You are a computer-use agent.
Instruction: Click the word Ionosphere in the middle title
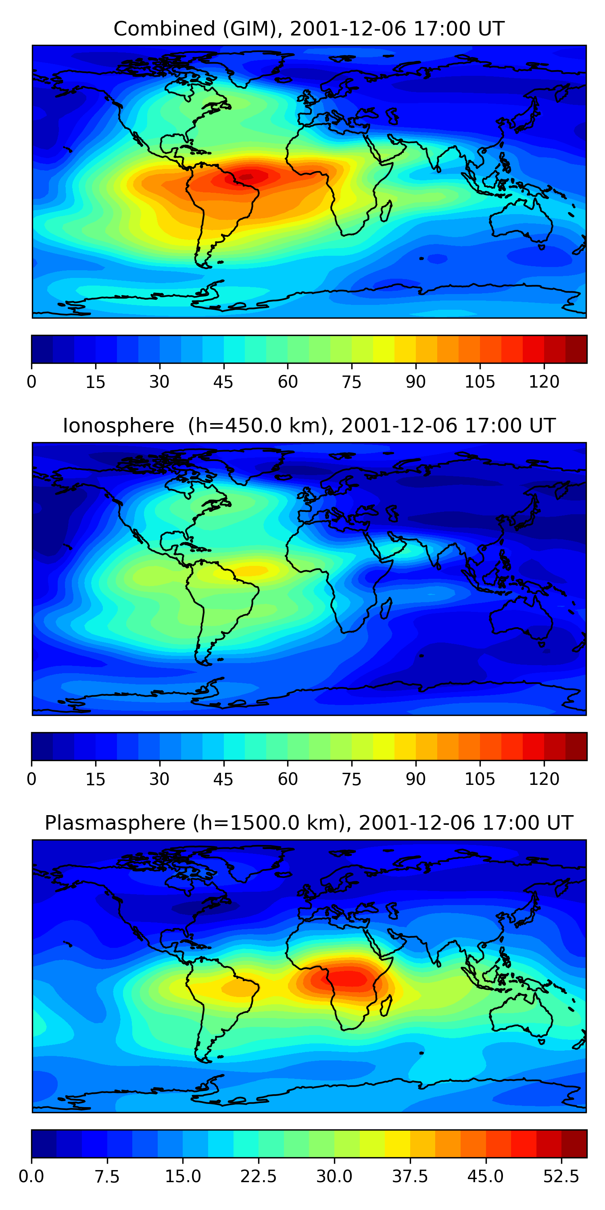click(118, 426)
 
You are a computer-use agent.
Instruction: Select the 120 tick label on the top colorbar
click(544, 382)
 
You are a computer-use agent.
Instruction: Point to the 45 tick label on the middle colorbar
click(223, 779)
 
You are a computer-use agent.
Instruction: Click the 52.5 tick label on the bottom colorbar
click(561, 1177)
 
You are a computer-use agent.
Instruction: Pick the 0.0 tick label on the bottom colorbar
click(31, 1177)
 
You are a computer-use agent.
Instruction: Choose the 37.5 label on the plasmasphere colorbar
click(410, 1177)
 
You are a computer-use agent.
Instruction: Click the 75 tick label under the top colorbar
click(351, 382)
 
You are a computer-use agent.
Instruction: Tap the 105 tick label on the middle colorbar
click(480, 779)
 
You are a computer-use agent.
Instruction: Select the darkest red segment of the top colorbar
click(576, 349)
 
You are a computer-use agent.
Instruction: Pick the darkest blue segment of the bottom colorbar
click(44, 1143)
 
